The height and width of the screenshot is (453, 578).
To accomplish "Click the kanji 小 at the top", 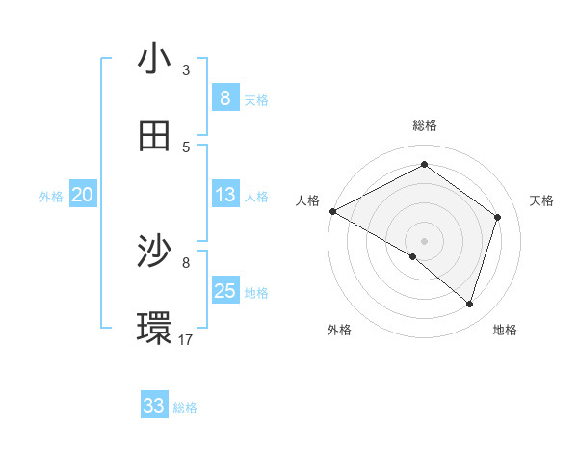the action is coord(154,60).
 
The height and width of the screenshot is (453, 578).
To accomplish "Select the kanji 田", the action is coord(154,136).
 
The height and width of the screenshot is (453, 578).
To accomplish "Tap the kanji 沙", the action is coord(154,253).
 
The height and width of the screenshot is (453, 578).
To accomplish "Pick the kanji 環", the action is coord(154,329).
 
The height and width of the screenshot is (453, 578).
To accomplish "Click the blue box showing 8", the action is coord(224,97).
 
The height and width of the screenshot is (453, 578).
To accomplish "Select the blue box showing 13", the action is coord(224,195).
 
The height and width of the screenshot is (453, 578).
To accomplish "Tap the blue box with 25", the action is coord(224,291).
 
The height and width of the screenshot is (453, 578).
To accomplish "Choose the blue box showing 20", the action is coord(82,195).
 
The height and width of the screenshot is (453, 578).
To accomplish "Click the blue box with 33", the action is coord(154,406).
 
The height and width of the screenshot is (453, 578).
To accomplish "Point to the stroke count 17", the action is coord(186,339).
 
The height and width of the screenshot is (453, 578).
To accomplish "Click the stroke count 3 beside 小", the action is coord(186,69).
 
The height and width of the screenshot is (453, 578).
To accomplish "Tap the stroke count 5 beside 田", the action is coord(186,147).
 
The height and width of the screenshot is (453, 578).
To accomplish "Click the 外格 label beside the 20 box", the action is coord(51,197).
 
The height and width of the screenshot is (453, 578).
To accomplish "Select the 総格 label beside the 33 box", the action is coord(185,408).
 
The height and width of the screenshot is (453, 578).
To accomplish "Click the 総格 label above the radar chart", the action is coord(424,125).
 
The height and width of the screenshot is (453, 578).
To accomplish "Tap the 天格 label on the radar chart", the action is coord(542,200).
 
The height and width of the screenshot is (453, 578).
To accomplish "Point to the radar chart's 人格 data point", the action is coord(332,211).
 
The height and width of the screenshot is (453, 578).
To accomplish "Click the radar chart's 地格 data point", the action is coord(469,304).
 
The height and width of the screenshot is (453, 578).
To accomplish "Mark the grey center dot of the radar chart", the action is coord(424,240).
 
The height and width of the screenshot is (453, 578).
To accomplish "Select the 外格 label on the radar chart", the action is coord(339,330).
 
